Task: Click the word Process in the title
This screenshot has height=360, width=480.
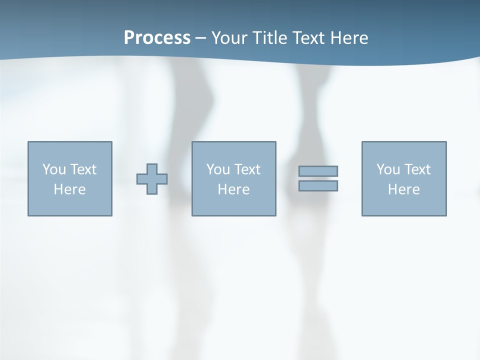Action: pos(157,37)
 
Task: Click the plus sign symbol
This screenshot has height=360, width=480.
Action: pos(152,179)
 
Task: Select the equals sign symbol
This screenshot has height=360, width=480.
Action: pos(318,178)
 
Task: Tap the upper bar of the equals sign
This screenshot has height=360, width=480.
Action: pos(318,171)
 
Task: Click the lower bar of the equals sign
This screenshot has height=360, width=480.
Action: pos(318,185)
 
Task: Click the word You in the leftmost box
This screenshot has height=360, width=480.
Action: pos(54,169)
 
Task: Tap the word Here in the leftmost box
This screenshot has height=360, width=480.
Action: pos(70,189)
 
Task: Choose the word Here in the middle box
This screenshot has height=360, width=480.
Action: pos(233,189)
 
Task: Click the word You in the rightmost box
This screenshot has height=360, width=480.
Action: pos(388,169)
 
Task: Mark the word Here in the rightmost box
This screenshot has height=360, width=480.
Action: pos(404,189)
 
